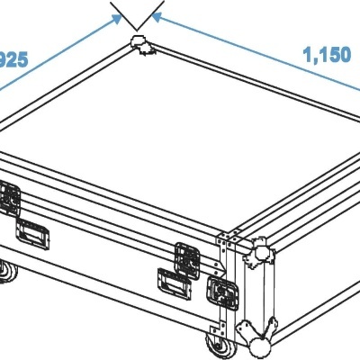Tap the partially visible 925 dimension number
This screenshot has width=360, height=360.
13,60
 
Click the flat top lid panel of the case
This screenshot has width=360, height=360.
144,135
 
